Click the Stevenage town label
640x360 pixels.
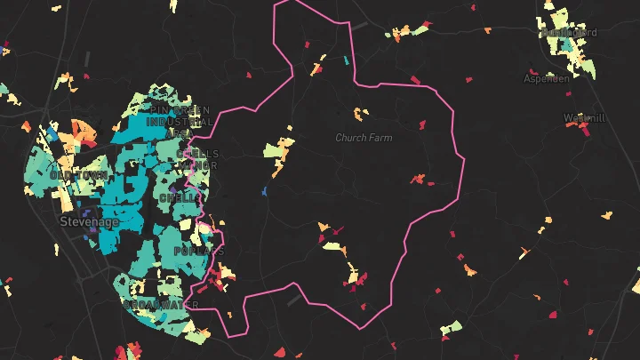[89, 221]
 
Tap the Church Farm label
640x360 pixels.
[364, 138]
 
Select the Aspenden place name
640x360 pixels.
[546, 78]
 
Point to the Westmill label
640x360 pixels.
[584, 117]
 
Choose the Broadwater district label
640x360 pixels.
[161, 305]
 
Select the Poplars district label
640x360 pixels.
[198, 252]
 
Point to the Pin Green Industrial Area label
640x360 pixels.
[179, 121]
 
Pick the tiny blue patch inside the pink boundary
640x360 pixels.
[265, 191]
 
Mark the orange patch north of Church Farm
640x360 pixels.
[359, 114]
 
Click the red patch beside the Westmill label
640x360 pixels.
[584, 131]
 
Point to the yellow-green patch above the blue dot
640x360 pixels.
[278, 154]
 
